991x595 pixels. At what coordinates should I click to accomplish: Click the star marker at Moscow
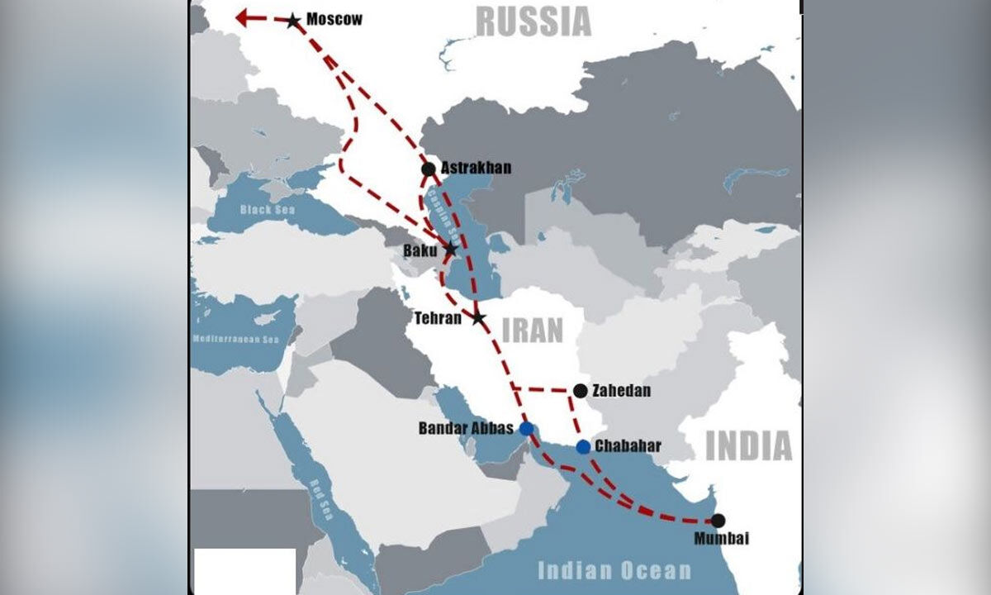[x=292, y=21]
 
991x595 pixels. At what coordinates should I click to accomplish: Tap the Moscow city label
[x=334, y=19]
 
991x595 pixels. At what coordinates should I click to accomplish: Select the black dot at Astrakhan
[x=428, y=169]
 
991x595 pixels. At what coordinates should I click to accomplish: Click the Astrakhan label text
[x=477, y=168]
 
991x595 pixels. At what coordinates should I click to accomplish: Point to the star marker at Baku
[x=450, y=248]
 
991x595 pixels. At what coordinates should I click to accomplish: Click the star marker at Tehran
[x=479, y=317]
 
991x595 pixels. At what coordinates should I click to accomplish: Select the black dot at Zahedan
[x=581, y=391]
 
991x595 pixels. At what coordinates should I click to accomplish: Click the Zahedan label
[x=622, y=391]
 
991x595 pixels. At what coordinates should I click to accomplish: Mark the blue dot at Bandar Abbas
[x=527, y=428]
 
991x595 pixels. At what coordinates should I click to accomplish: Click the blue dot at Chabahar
[x=583, y=447]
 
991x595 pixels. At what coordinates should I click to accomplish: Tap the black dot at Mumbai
[x=718, y=521]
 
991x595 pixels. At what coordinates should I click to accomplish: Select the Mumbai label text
[x=721, y=539]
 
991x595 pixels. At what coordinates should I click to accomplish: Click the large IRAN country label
[x=532, y=331]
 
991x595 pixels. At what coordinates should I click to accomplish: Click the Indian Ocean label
[x=614, y=570]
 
